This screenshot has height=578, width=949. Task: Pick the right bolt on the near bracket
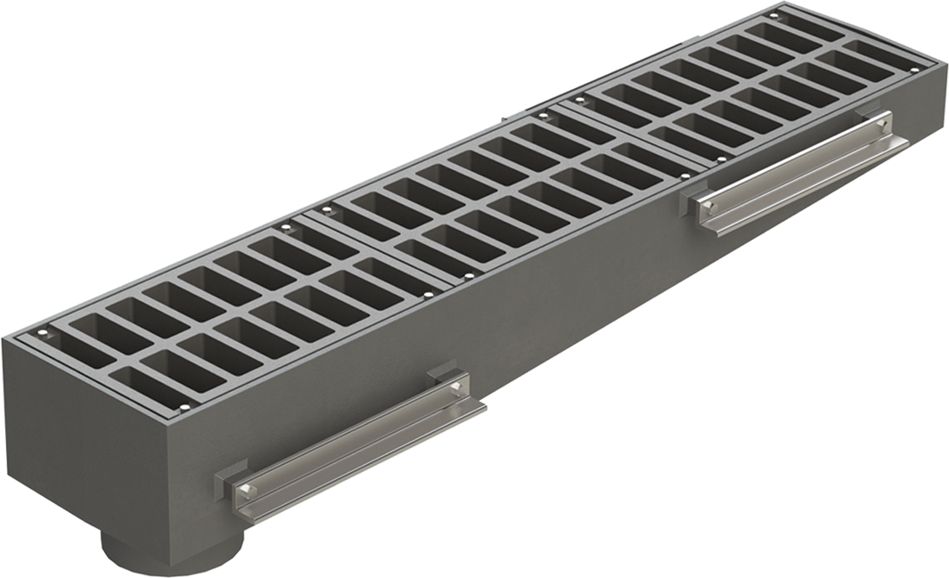(457, 388)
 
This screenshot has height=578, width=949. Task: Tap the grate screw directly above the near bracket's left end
(184, 409)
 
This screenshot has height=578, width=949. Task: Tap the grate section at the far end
(757, 80)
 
